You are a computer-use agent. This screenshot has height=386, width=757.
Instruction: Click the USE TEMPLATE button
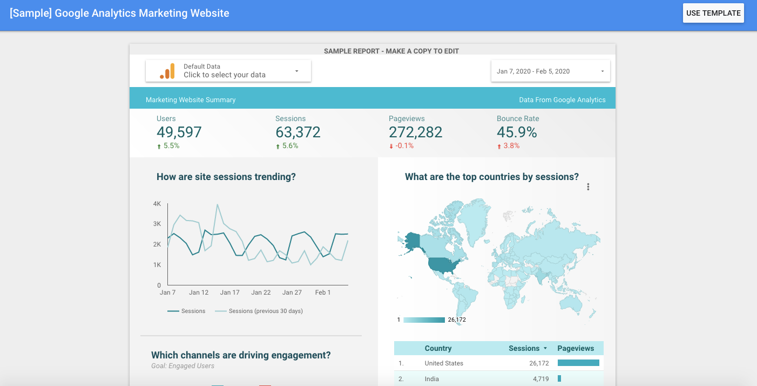click(x=713, y=14)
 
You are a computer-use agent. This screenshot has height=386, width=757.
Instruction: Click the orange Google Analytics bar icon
click(x=167, y=71)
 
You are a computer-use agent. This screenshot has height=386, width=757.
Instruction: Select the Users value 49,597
click(x=179, y=132)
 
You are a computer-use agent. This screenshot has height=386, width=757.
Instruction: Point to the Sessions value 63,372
click(x=298, y=132)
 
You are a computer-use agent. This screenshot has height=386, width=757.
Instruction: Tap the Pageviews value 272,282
click(x=415, y=132)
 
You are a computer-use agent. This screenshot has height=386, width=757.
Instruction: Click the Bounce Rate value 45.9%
click(x=517, y=132)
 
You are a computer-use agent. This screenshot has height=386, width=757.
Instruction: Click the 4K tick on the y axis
click(x=157, y=204)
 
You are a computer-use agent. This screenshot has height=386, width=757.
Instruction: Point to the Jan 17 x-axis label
click(x=229, y=292)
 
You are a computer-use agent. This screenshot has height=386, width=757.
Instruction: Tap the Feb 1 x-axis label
click(x=323, y=292)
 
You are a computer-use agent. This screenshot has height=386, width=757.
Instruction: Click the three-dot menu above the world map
click(x=588, y=187)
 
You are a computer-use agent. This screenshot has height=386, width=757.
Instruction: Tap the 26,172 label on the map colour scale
click(x=457, y=320)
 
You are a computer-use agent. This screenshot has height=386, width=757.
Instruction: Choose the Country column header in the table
click(x=438, y=349)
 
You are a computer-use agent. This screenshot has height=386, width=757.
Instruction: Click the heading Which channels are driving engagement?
click(x=241, y=355)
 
